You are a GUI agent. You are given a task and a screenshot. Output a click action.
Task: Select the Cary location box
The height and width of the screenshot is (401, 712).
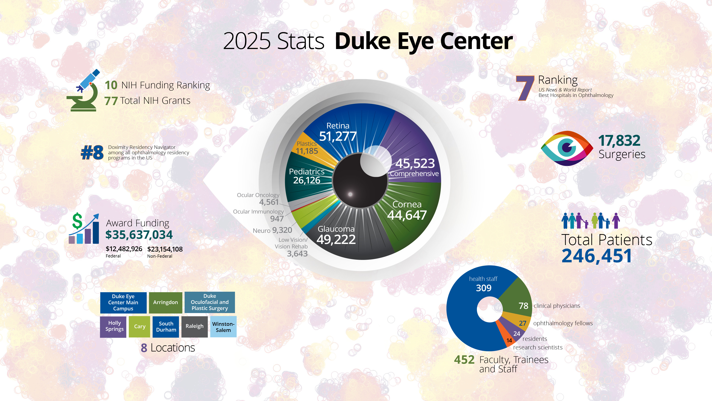[x=140, y=327]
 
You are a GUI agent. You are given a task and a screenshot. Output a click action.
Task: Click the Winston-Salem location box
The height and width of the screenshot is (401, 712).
[x=223, y=327]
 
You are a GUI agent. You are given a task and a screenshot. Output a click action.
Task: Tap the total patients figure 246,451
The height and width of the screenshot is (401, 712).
[x=597, y=256]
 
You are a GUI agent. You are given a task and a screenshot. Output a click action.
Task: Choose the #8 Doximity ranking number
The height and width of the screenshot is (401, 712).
[x=92, y=153]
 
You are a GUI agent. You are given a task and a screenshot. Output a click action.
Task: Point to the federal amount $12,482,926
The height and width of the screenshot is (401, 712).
[x=124, y=249]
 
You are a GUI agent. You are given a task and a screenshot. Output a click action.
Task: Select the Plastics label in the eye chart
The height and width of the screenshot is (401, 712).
[x=306, y=144]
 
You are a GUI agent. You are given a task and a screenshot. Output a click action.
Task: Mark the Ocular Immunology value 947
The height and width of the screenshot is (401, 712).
[x=277, y=219]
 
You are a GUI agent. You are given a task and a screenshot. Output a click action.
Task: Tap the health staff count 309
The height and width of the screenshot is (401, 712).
[x=483, y=288]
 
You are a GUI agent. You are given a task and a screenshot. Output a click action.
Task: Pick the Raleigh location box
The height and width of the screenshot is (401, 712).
[x=194, y=327]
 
